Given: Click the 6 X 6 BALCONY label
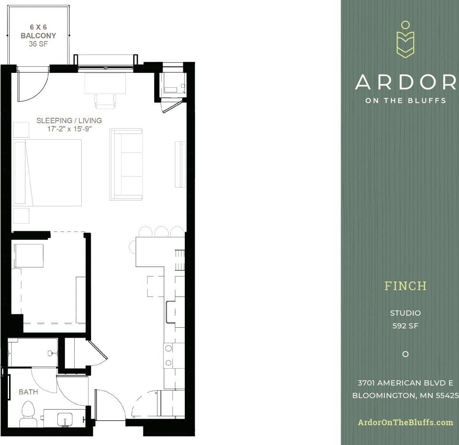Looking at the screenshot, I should [38, 32].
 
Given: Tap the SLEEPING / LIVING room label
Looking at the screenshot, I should [69, 120].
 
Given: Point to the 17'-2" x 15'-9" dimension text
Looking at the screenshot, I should [69, 129].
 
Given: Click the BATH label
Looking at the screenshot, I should [28, 392].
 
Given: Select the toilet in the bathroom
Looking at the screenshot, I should [28, 413].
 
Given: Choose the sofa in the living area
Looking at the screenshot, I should [126, 164].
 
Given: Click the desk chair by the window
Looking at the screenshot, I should [105, 101].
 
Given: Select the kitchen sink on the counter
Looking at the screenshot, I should [170, 312].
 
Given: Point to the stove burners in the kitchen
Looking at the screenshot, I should [168, 355].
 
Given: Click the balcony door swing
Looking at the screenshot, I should [32, 87].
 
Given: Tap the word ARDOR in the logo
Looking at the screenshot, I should [405, 82].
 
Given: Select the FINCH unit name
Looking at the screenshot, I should [405, 286].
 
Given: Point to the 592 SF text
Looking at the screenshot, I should [405, 326].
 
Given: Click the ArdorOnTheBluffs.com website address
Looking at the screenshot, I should [405, 422].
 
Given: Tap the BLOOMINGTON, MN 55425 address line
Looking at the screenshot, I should [405, 396].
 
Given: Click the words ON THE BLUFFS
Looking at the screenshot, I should [405, 100].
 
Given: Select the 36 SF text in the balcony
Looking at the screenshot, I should [38, 44].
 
